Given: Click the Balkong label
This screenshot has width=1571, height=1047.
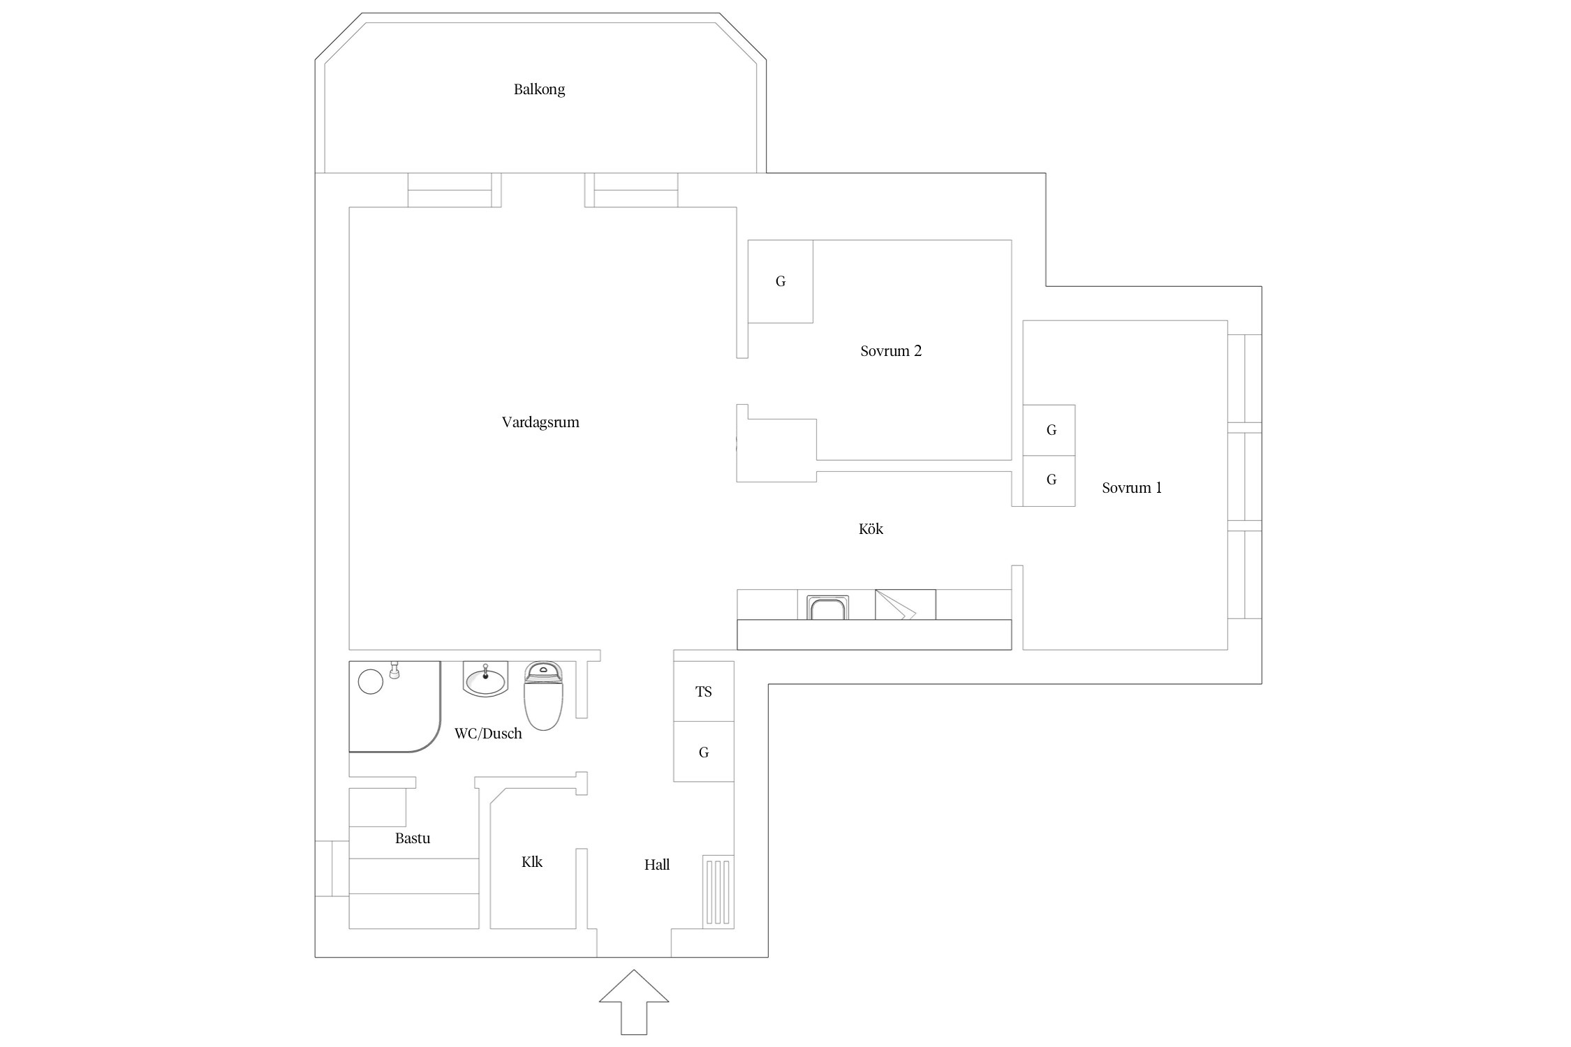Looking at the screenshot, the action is (539, 89).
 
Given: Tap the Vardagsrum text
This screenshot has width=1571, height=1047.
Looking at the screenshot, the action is (540, 422).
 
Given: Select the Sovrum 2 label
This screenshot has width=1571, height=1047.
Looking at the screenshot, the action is (891, 351).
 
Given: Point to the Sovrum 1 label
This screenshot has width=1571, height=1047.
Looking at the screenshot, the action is (1132, 488).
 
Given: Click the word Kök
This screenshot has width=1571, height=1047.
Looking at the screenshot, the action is (871, 529).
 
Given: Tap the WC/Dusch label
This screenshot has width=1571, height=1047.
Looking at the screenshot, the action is (488, 734).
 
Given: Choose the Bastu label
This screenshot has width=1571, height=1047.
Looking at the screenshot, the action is (413, 838).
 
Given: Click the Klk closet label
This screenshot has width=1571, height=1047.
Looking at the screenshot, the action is (532, 862).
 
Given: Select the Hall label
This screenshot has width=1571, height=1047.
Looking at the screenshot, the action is (657, 865).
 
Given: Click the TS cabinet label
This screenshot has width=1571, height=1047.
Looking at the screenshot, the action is (704, 692).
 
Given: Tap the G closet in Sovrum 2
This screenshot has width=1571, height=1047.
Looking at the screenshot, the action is (781, 281).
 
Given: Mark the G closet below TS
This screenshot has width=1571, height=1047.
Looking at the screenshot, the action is (704, 752).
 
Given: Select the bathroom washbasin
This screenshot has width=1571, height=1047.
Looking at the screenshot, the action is (485, 680).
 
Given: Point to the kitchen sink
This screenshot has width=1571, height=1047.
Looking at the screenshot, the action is (827, 607).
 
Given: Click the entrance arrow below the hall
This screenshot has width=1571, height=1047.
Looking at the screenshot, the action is (634, 1002).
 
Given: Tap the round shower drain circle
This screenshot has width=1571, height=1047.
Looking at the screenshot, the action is (371, 681).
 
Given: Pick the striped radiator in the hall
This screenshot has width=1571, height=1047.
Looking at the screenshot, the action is (718, 892).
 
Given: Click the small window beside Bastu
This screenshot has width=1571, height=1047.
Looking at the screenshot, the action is (332, 868).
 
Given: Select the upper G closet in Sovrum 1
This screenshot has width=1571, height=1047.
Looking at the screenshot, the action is (1049, 430).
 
